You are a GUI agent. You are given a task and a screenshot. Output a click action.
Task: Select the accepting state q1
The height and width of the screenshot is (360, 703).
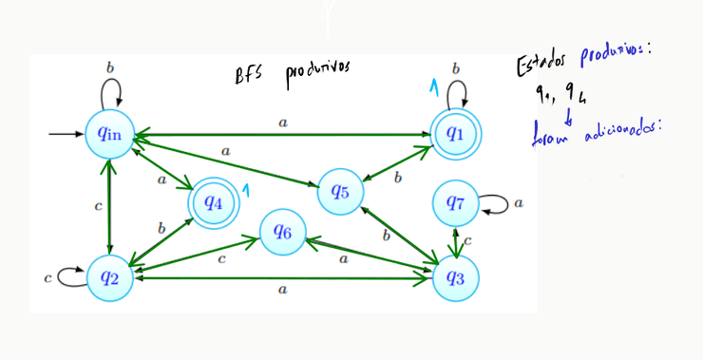[455, 134]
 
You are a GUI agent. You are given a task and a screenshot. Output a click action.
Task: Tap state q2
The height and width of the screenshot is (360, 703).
[109, 276]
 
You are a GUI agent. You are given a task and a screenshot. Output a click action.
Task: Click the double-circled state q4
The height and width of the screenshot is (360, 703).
[212, 201]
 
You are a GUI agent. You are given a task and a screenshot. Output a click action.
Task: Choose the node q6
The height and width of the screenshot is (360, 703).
[282, 231]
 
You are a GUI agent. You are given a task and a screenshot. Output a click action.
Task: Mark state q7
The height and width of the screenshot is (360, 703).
[455, 201]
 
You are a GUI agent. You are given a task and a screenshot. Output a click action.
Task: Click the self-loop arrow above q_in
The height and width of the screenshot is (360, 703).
[110, 91]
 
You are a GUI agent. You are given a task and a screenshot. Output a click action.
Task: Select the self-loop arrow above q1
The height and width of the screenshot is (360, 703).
[457, 91]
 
